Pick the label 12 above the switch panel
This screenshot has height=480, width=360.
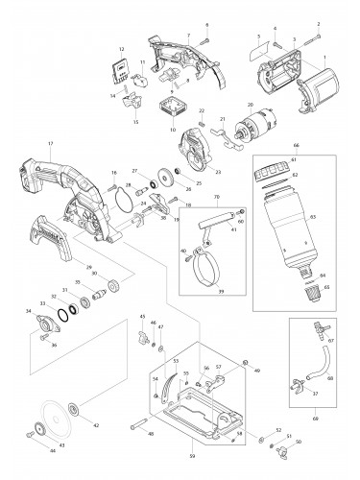click(x=122, y=49)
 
